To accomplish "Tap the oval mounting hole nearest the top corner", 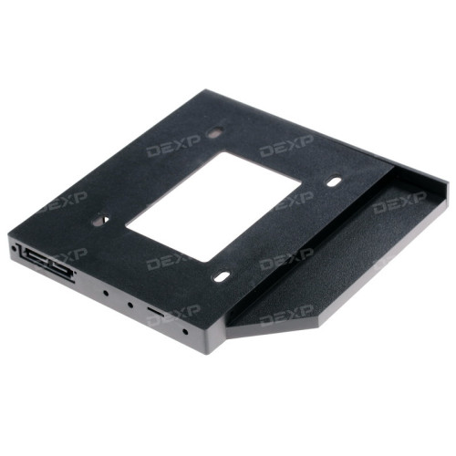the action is coord(215,132).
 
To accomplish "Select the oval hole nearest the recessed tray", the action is coord(334,181).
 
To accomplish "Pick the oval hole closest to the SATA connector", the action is coord(100,219).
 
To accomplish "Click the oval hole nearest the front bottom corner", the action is coord(222,276).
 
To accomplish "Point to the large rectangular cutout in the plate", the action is coord(213,207).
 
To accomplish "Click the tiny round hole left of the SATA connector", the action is coord(14,249).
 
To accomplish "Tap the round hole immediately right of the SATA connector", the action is coord(106,294).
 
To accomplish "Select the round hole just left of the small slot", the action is coord(130,305).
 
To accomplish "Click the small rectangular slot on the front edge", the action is coord(156,311).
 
